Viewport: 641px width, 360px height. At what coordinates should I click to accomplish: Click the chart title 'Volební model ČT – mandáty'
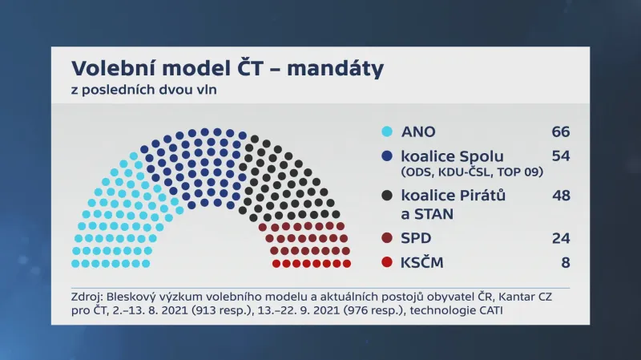tap(228, 69)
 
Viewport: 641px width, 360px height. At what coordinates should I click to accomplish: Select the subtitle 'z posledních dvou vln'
tap(144, 90)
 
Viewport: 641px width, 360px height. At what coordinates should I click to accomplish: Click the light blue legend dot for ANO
tap(387, 132)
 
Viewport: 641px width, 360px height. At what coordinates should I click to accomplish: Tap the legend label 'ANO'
tap(418, 132)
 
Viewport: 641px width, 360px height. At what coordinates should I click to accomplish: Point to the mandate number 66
tap(560, 132)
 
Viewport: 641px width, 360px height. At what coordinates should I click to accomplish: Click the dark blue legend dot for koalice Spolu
tap(387, 156)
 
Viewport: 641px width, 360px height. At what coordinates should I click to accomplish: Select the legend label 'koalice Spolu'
tap(452, 156)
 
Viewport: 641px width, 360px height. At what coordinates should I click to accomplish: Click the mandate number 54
tap(560, 156)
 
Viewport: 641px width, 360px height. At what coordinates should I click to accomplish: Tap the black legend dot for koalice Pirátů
tap(387, 195)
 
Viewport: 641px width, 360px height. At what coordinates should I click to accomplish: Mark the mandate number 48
tap(560, 195)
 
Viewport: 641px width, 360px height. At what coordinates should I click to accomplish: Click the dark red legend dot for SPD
tap(387, 238)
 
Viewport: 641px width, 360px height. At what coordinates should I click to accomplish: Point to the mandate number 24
tap(560, 238)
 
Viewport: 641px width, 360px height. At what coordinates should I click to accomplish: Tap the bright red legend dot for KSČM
tap(387, 262)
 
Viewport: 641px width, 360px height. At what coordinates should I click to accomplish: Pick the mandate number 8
tap(565, 262)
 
